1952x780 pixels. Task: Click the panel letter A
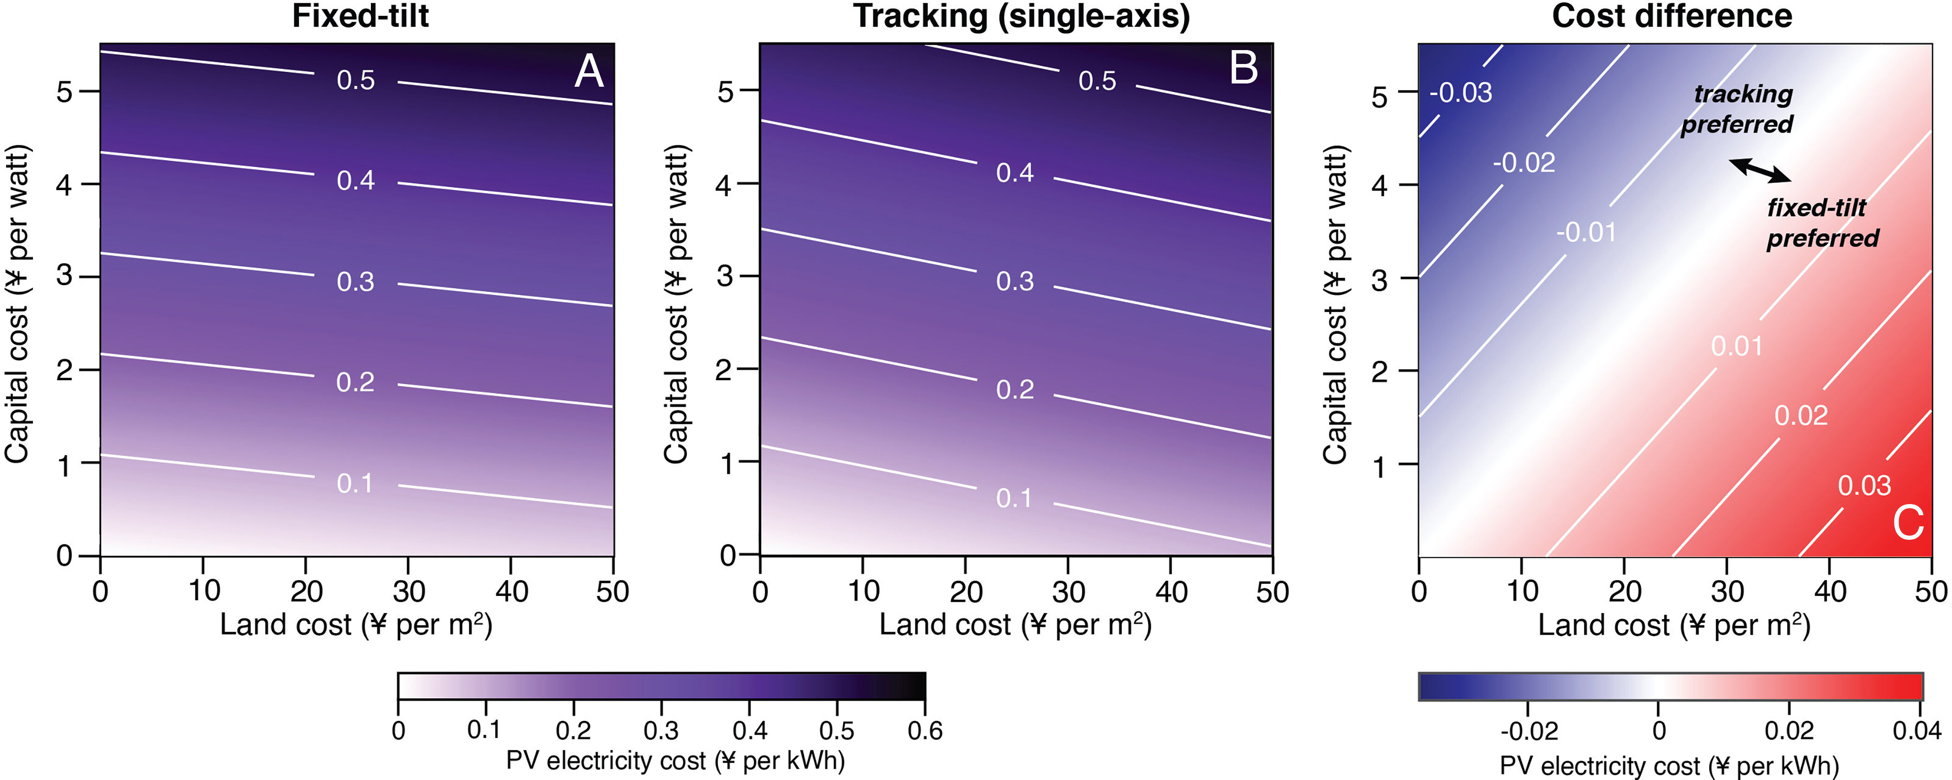(589, 73)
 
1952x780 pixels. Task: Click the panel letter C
(1908, 523)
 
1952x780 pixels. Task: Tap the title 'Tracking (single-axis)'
(1021, 16)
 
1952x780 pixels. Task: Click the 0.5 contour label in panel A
(356, 80)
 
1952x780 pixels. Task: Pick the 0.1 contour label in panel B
(1014, 499)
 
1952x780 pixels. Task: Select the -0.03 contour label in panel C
(1460, 93)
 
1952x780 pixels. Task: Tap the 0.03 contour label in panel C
(1865, 486)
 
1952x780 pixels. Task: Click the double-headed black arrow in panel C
(1760, 170)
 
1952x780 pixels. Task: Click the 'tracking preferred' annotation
(1738, 109)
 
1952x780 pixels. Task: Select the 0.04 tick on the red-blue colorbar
(1917, 731)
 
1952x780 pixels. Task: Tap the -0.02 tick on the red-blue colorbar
(1529, 731)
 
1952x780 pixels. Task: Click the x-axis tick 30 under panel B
(1068, 591)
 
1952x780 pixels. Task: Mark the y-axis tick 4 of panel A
(65, 184)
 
